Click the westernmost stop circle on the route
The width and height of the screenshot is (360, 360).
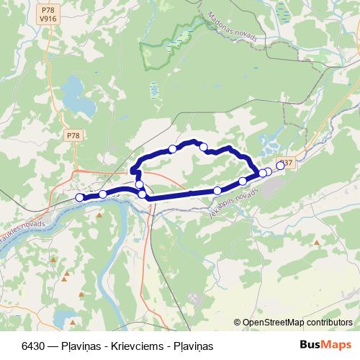tap(79, 197)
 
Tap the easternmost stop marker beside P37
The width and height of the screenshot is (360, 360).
tap(280, 166)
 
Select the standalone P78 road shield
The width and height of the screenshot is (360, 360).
tap(73, 135)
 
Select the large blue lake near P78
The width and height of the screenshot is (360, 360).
tap(77, 97)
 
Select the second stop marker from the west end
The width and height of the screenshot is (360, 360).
tap(103, 194)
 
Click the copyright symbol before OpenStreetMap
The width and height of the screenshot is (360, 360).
tap(237, 323)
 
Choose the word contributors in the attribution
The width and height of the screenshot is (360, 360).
tap(327, 323)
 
